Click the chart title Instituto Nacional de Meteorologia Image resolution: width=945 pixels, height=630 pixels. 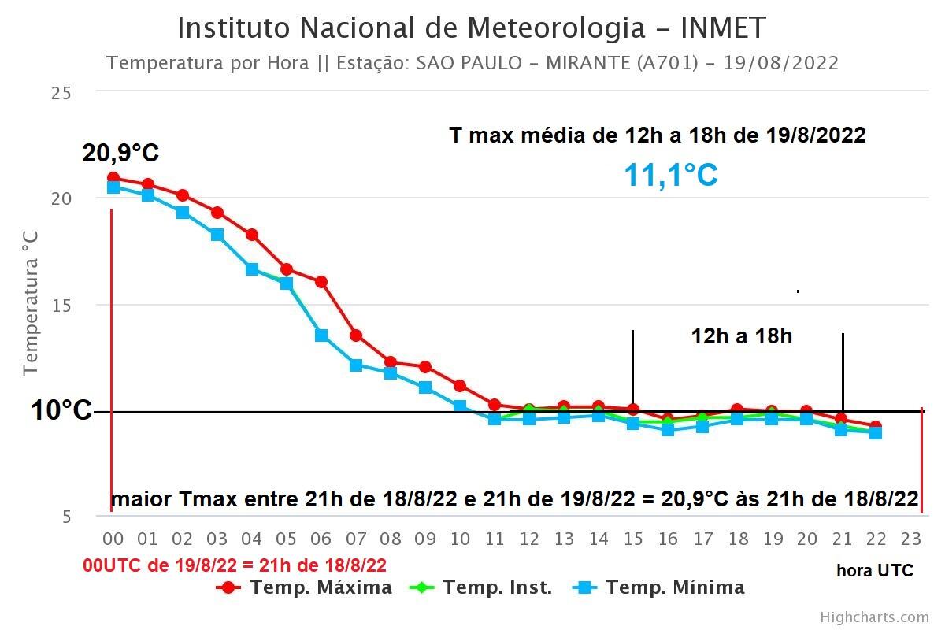pyautogui.click(x=471, y=28)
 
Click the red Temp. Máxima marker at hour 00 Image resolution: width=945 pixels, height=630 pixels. pyautogui.click(x=113, y=178)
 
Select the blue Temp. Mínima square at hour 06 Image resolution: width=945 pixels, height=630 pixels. pyautogui.click(x=321, y=335)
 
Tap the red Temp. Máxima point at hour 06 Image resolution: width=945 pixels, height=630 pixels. pyautogui.click(x=321, y=282)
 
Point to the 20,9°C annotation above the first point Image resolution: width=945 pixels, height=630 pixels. pyautogui.click(x=120, y=154)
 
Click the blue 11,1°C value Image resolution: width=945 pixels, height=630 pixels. pyautogui.click(x=670, y=175)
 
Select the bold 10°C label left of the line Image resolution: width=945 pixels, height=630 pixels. pyautogui.click(x=61, y=410)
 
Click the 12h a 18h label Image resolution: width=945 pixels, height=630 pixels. pyautogui.click(x=741, y=336)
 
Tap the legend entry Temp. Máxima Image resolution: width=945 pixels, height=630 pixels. pyautogui.click(x=306, y=587)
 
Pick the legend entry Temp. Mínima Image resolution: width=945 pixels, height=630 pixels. pyautogui.click(x=660, y=587)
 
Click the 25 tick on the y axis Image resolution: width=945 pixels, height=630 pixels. pyautogui.click(x=61, y=93)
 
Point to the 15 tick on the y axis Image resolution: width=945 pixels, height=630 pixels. pyautogui.click(x=61, y=305)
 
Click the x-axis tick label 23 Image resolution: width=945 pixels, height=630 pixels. pyautogui.click(x=910, y=539)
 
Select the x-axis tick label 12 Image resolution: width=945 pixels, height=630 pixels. pyautogui.click(x=529, y=539)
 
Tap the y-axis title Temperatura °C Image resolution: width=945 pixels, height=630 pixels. pyautogui.click(x=30, y=303)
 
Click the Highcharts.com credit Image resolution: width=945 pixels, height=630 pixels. pyautogui.click(x=874, y=617)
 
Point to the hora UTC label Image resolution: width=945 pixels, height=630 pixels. pyautogui.click(x=874, y=571)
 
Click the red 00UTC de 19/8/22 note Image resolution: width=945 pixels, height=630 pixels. pyautogui.click(x=235, y=565)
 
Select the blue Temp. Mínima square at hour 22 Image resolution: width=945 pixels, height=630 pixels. pyautogui.click(x=876, y=432)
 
